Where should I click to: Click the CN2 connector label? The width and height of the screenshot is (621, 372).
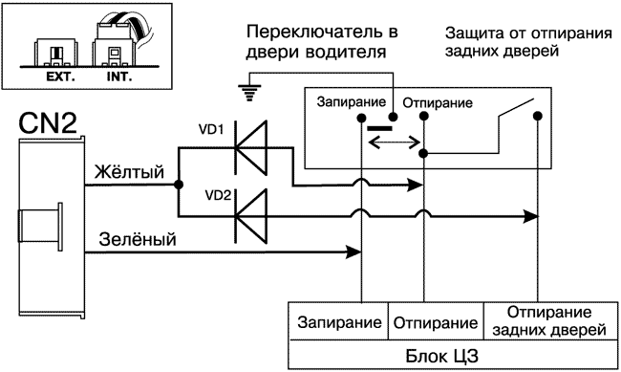pos(45,125)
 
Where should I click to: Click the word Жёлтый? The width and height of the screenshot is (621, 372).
pos(130,172)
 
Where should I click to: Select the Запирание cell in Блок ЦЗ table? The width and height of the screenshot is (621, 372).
pos(338,322)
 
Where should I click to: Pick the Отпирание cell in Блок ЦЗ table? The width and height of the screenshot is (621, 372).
pos(436,322)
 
